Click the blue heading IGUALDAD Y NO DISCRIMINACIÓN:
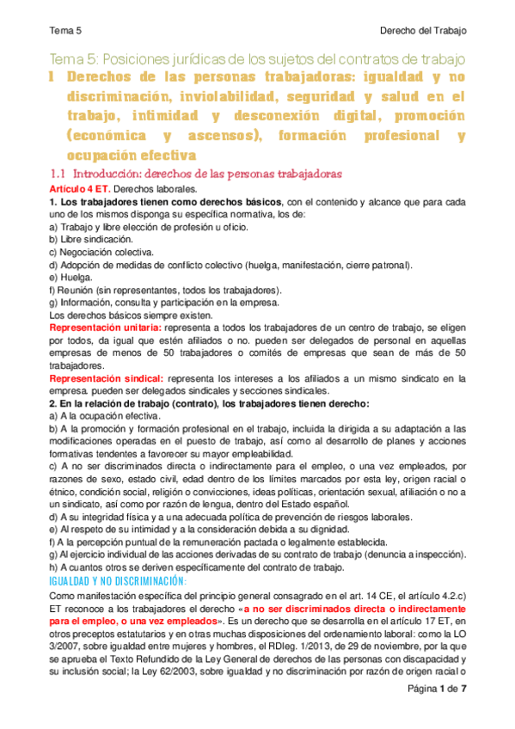click(x=118, y=581)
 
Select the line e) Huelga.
click(x=71, y=278)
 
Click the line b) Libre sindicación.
click(x=92, y=239)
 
